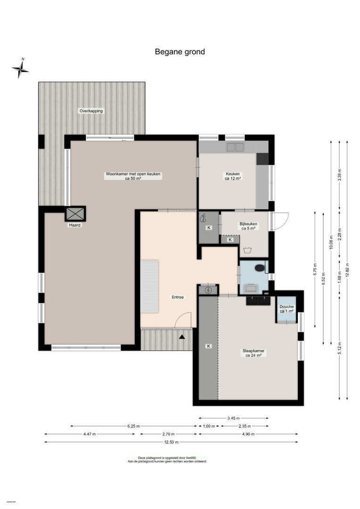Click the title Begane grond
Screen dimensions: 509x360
pos(180,52)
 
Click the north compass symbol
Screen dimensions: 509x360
pos(21,69)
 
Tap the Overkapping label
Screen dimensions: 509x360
pos(91,111)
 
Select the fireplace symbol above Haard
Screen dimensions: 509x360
pos(75,213)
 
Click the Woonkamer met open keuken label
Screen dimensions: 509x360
pos(133,176)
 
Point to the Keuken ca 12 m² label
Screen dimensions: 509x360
pos(233,176)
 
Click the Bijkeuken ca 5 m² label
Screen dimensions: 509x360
pos(248,226)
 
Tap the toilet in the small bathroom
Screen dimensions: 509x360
pos(259,268)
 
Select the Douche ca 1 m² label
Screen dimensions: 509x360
pos(286,309)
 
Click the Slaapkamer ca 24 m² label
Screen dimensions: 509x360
pos(254,353)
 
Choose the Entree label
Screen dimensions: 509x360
pos(178,297)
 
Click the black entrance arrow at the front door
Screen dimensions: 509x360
pos(183,337)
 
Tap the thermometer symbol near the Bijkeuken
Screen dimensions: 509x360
pos(204,218)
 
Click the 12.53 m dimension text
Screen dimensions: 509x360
pos(171,442)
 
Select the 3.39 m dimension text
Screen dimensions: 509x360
pos(339,175)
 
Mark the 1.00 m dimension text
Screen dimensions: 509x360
pos(208,426)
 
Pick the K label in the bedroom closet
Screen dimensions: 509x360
pos(208,346)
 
